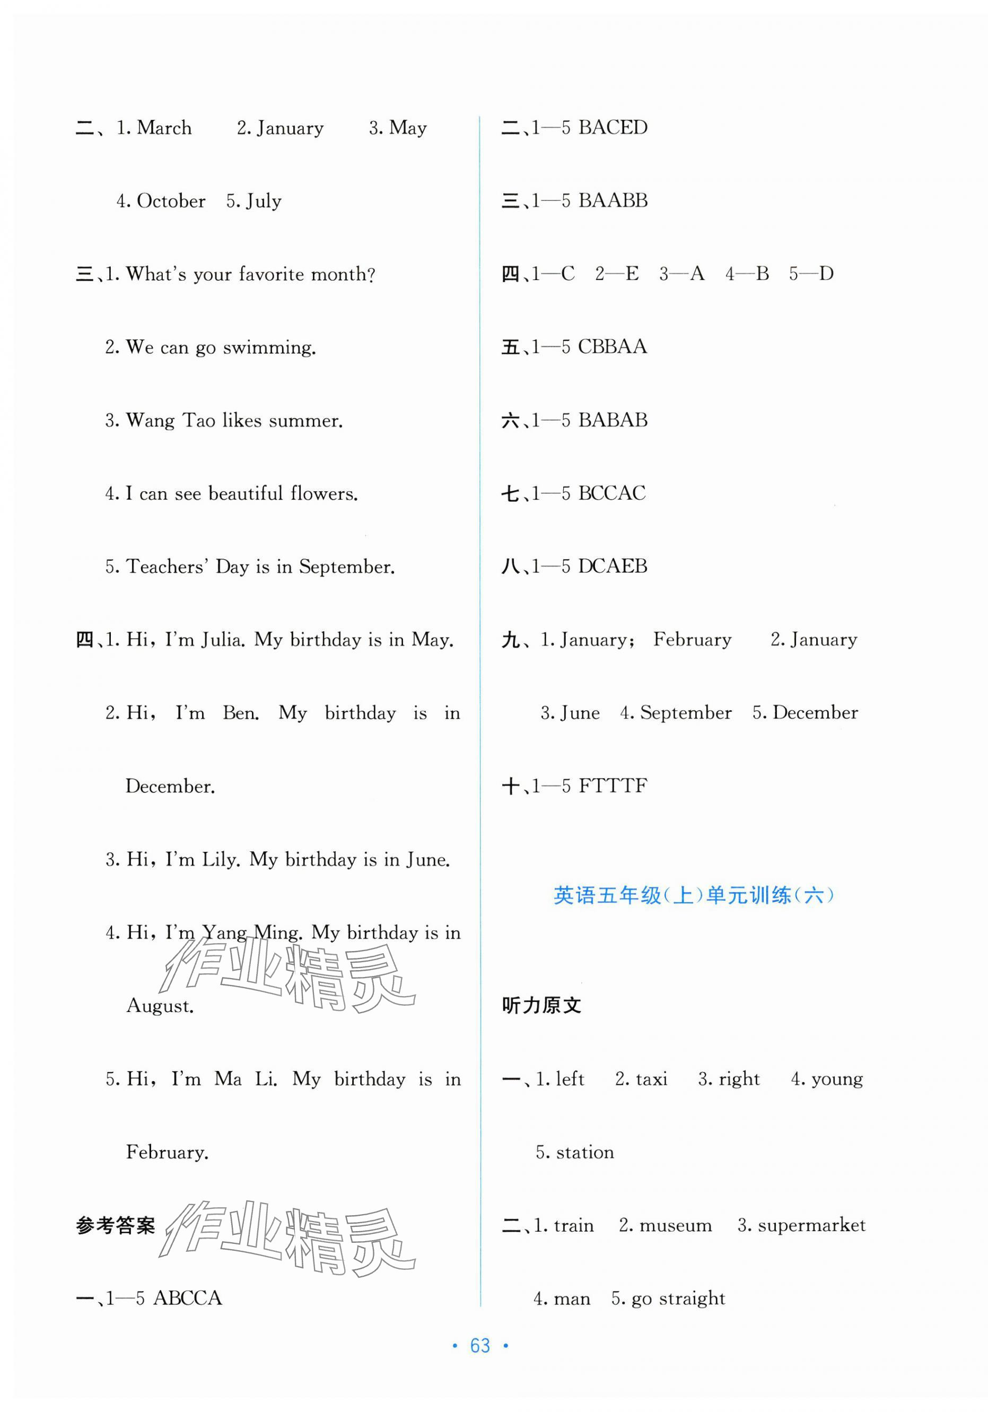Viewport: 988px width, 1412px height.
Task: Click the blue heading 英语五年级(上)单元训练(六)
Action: coord(694,895)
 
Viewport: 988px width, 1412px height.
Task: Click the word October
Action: coord(171,201)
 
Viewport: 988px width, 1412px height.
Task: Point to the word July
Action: coord(263,201)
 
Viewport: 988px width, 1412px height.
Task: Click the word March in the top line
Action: coord(164,128)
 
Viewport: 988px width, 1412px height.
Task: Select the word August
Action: coord(160,1006)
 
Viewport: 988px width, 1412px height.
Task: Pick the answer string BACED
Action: coord(613,127)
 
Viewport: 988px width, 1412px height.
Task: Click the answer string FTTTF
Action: coord(613,786)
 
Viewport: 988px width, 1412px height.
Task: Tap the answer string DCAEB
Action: coord(613,566)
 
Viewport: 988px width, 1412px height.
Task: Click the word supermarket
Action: coord(811,1225)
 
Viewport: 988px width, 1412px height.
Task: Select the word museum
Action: coord(675,1225)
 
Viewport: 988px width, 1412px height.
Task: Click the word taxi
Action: coord(651,1079)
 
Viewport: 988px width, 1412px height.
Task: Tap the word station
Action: coord(584,1152)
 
